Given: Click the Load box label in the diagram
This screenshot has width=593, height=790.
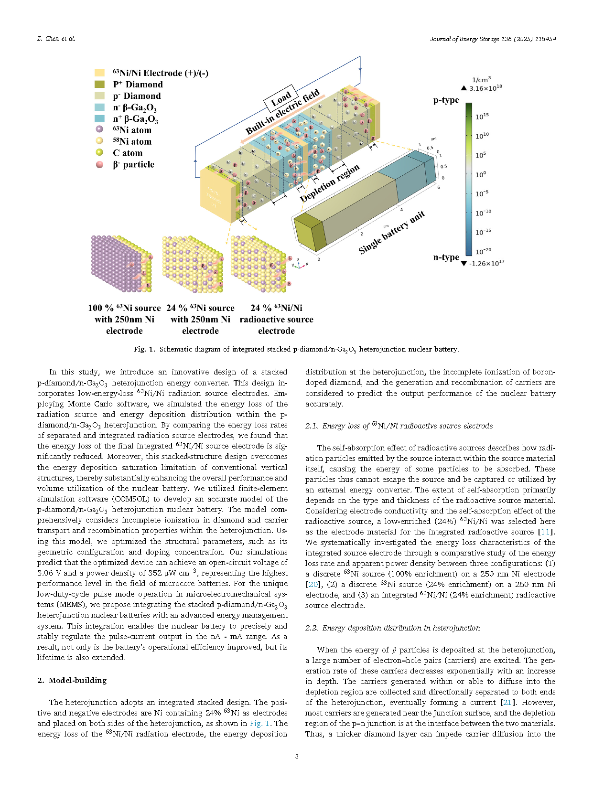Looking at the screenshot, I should pyautogui.click(x=281, y=99).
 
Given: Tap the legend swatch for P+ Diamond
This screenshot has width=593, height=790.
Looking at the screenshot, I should pyautogui.click(x=99, y=85).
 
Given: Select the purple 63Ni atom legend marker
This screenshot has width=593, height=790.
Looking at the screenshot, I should pyautogui.click(x=99, y=130).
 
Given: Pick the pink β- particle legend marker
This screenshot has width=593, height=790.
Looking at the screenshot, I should pyautogui.click(x=99, y=164).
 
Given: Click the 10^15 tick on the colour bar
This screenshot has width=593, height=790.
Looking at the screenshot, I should pyautogui.click(x=482, y=117).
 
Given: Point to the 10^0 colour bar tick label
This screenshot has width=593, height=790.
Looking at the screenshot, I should pyautogui.click(x=480, y=175).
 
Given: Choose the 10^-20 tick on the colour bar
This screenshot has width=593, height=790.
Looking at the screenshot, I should pyautogui.click(x=483, y=251).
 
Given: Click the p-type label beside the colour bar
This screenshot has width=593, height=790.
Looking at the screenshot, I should pyautogui.click(x=446, y=100).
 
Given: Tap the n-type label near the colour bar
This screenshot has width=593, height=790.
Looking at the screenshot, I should pyautogui.click(x=446, y=257).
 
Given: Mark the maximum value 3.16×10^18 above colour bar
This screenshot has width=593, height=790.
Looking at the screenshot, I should pyautogui.click(x=485, y=88).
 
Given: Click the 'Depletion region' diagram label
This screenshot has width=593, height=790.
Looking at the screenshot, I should pyautogui.click(x=329, y=184).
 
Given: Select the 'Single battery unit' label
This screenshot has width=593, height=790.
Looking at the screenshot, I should pyautogui.click(x=391, y=232).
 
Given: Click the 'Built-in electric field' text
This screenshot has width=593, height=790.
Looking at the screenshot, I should pyautogui.click(x=282, y=112).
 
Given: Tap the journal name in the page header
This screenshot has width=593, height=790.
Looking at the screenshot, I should pyautogui.click(x=493, y=39).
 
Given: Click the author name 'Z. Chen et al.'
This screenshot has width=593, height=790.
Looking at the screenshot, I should pyautogui.click(x=56, y=39).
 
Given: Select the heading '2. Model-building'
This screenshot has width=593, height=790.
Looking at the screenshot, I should pyautogui.click(x=72, y=681).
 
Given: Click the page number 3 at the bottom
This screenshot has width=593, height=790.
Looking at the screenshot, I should pyautogui.click(x=297, y=756).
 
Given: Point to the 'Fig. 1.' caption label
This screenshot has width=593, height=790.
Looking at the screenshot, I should pyautogui.click(x=144, y=349).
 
